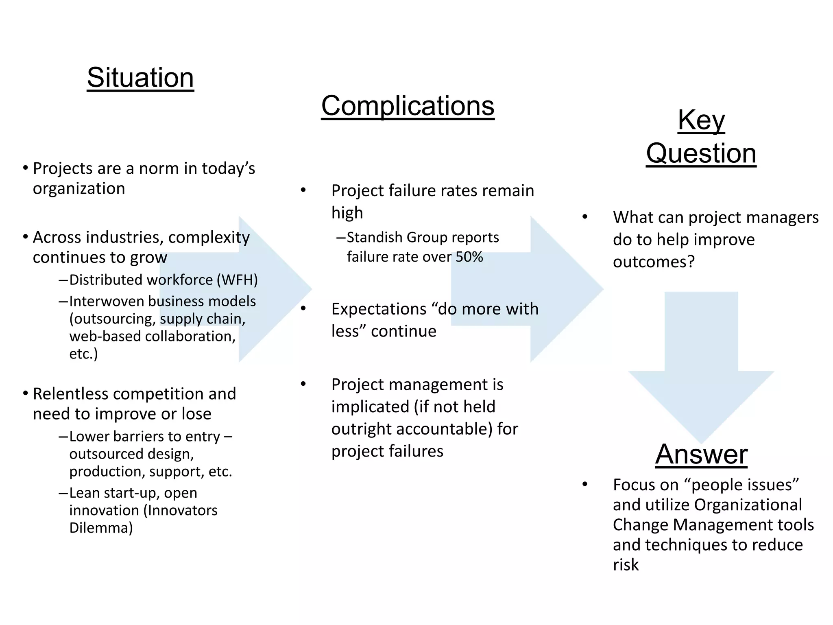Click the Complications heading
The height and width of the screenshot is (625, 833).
[408, 106]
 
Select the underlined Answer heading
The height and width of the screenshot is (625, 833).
[701, 454]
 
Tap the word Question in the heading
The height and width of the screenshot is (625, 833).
[701, 153]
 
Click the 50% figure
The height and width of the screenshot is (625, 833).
[469, 257]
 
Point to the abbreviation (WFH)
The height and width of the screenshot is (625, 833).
[237, 280]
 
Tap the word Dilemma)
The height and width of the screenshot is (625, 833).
[101, 528]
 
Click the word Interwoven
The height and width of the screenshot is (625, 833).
[107, 301]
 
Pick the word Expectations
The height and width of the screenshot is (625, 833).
[378, 309]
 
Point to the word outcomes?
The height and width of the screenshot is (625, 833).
[654, 262]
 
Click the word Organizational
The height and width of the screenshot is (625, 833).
[748, 505]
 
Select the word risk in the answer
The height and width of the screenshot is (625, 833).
[626, 565]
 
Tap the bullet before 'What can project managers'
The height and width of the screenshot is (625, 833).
[585, 217]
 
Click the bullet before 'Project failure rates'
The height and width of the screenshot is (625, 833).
[303, 190]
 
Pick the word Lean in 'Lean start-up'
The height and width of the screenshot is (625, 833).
[84, 493]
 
